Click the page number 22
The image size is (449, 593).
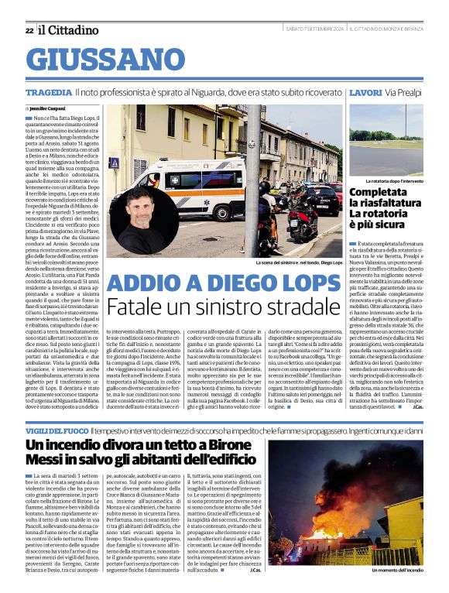pos(29,30)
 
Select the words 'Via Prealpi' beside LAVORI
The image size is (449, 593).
pos(403,92)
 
